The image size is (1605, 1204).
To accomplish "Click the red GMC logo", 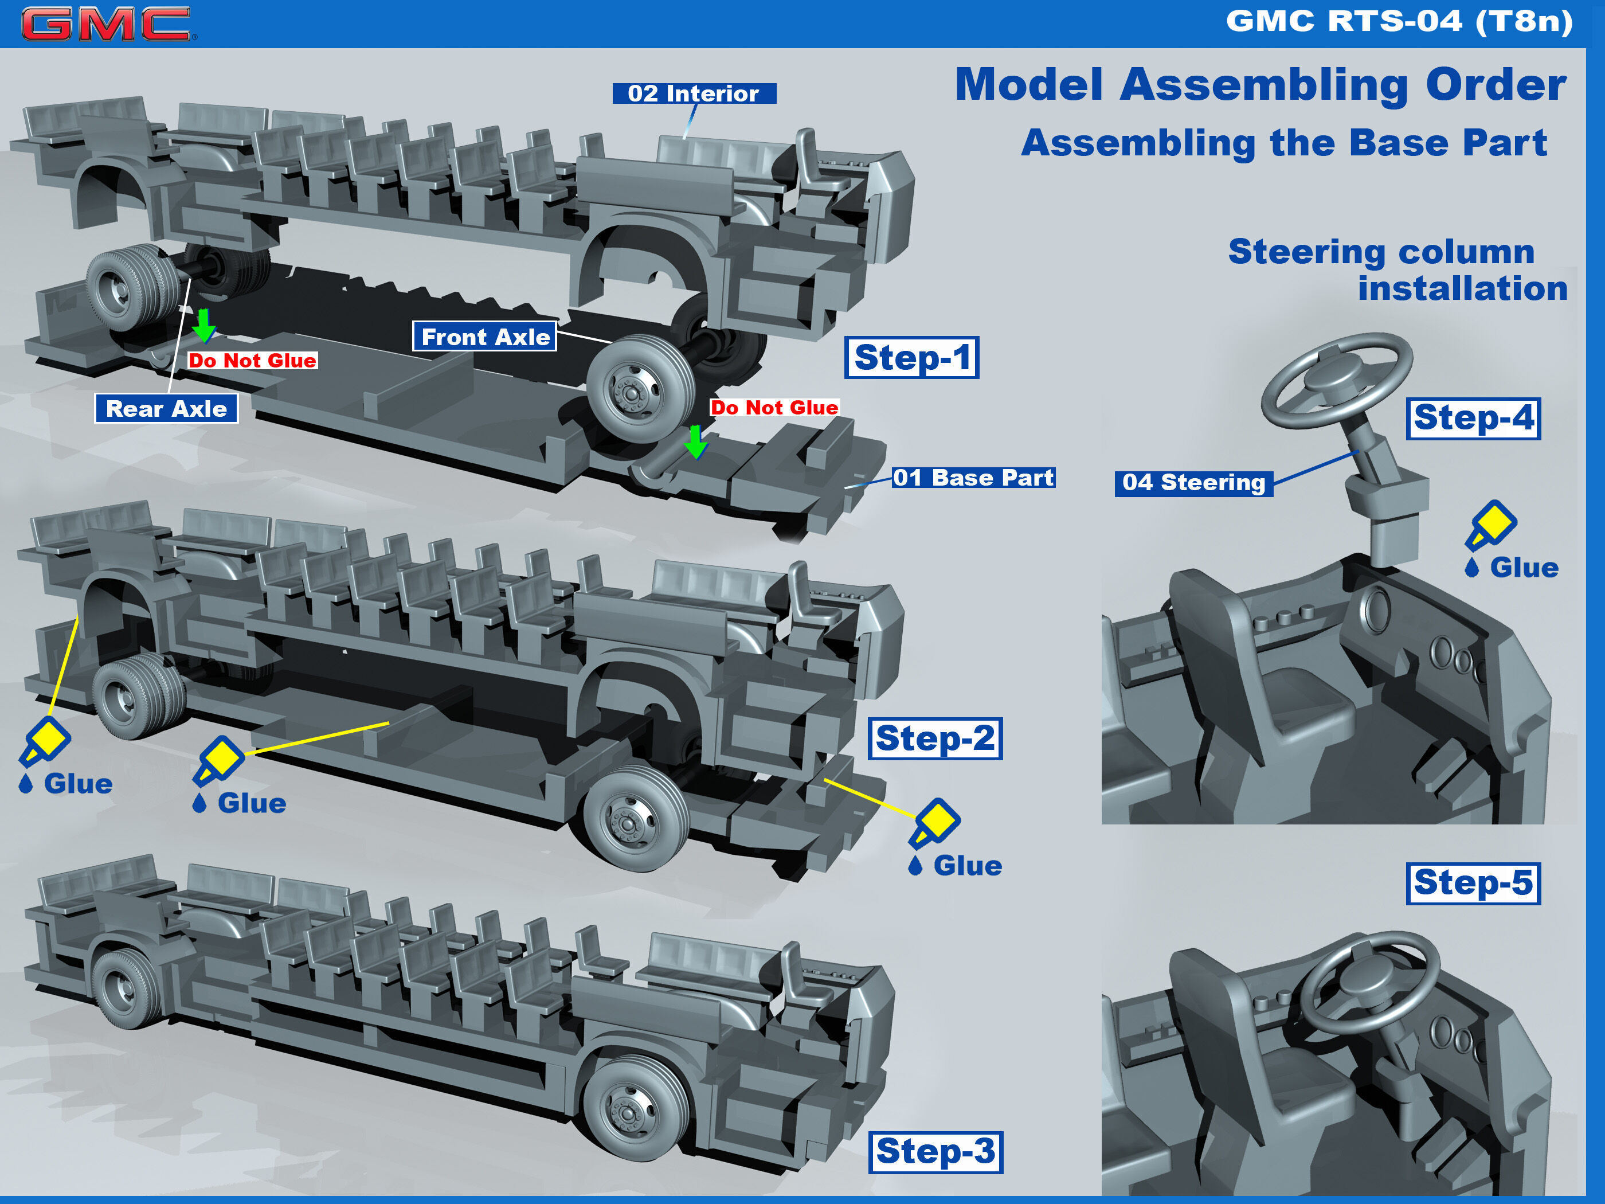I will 107,24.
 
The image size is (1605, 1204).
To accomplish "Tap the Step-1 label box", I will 911,357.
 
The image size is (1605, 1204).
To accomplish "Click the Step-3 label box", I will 935,1152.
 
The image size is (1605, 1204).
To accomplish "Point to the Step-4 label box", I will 1473,418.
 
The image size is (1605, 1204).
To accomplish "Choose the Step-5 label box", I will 1473,884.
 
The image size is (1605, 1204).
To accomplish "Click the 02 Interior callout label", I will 694,93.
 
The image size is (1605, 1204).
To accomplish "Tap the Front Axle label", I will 485,337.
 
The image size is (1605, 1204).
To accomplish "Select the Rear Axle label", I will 166,409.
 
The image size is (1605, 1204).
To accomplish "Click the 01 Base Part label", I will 973,478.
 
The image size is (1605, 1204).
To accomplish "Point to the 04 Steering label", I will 1193,483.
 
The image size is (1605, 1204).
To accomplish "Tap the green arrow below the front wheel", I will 696,441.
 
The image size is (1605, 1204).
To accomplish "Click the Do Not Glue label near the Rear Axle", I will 252,361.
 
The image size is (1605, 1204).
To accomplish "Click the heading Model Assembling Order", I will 1260,85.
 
